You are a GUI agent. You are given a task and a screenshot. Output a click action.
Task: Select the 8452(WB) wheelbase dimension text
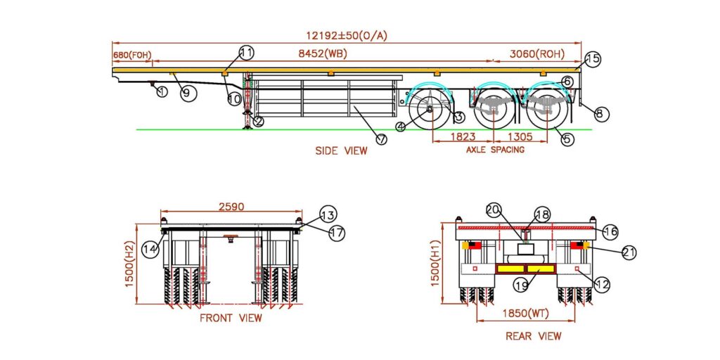(x=323, y=53)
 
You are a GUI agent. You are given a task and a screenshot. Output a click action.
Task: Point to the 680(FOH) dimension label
(x=131, y=54)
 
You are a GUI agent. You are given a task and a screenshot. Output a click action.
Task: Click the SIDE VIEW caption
(x=340, y=150)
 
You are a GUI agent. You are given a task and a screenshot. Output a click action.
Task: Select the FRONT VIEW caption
(x=231, y=318)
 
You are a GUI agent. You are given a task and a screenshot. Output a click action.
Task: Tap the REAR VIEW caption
(x=533, y=336)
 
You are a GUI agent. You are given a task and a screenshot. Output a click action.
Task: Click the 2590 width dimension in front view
(x=231, y=207)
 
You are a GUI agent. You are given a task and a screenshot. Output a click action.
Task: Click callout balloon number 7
(x=381, y=139)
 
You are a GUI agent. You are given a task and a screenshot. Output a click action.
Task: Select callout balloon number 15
(x=593, y=59)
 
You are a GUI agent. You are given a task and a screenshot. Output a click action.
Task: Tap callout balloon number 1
(x=162, y=91)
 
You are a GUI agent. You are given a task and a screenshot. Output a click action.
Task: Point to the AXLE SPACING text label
(x=496, y=150)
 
